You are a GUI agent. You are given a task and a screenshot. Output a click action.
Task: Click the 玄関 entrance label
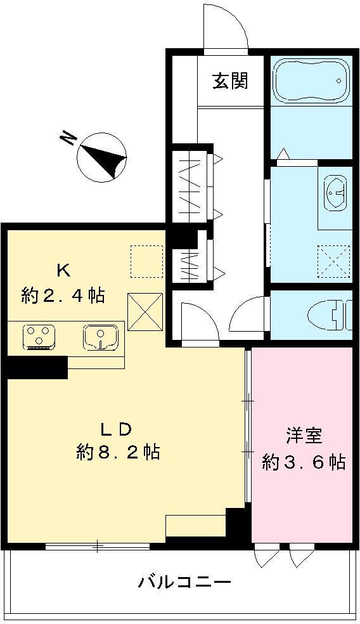click(x=229, y=81)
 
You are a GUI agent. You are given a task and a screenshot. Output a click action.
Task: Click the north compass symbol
click(x=102, y=156)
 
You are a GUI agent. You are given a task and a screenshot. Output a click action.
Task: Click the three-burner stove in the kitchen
click(x=39, y=336)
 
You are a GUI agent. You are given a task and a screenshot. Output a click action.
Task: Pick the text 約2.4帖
click(x=63, y=295)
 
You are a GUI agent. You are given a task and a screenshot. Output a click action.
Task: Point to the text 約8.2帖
click(x=118, y=452)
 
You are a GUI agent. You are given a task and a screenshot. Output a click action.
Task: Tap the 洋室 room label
click(x=304, y=436)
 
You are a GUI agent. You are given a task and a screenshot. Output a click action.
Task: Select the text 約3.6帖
click(x=304, y=462)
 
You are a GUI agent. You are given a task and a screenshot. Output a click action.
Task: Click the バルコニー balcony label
click(x=184, y=582)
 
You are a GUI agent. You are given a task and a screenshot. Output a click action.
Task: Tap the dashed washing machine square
click(x=333, y=261)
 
